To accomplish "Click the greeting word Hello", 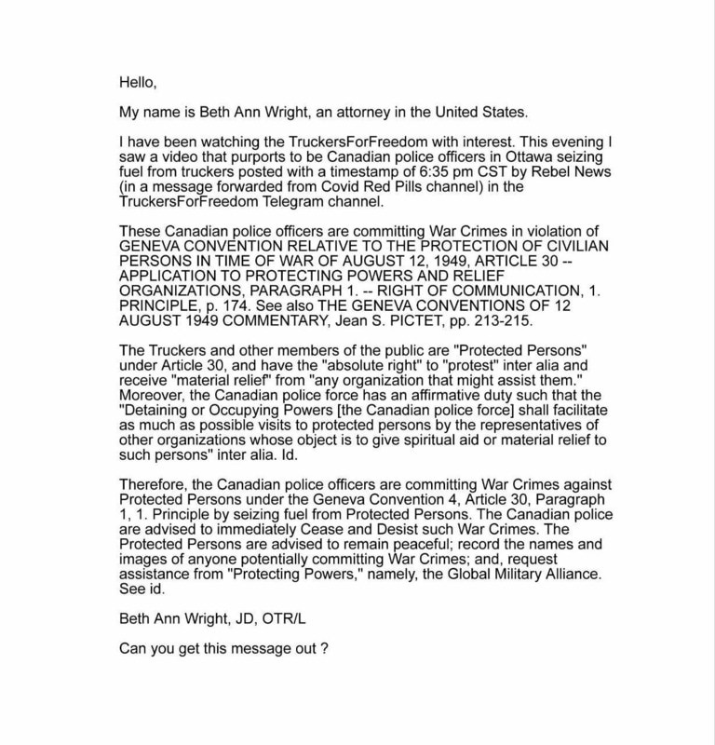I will click(138, 82).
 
